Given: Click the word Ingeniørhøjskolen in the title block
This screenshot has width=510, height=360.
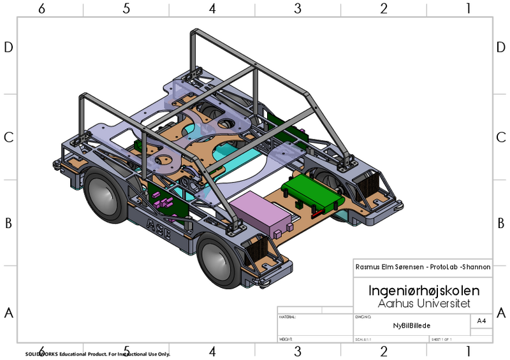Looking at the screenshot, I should point(423,291).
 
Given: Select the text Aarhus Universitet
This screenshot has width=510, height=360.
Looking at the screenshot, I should point(423,303).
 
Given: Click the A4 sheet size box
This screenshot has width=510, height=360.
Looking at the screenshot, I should point(481,321).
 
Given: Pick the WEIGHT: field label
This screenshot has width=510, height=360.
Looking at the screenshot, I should point(286,339).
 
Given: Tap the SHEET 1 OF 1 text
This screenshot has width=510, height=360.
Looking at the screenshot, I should point(441,339).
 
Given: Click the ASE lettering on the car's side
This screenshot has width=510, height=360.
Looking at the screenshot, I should point(159,227).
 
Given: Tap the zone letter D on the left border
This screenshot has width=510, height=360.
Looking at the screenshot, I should point(9,47).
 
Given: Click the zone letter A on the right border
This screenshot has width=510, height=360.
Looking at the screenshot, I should point(500,313).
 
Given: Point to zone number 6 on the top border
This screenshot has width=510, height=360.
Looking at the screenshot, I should point(41,8).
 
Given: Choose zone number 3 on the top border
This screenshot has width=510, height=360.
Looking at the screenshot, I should point(297,8).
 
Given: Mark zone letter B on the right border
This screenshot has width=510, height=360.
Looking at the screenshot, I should point(500,223).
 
